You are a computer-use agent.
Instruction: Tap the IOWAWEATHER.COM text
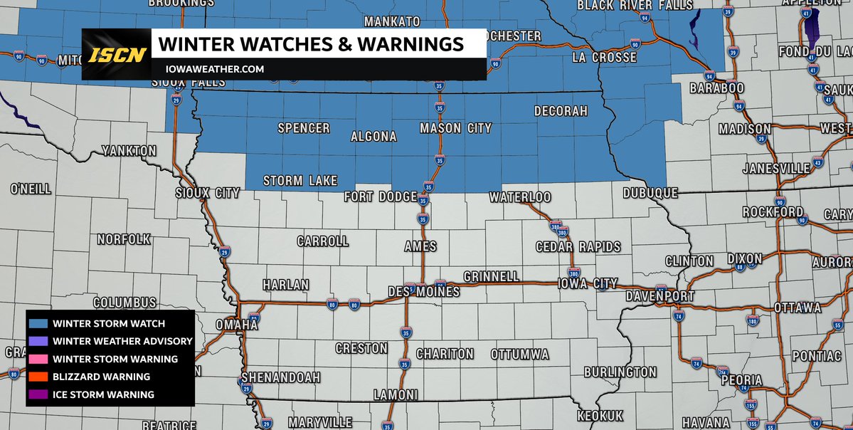click(211, 69)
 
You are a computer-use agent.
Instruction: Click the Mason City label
click(455, 129)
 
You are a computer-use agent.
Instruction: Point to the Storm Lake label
click(300, 181)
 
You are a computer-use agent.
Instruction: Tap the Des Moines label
click(423, 292)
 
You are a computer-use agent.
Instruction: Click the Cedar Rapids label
click(578, 247)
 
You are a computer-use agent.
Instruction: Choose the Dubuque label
click(650, 193)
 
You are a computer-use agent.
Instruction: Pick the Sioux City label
click(208, 193)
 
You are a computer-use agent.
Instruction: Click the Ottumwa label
click(519, 354)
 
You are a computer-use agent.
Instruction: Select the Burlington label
click(620, 372)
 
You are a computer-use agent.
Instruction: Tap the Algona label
click(373, 136)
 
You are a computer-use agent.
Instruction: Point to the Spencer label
click(304, 128)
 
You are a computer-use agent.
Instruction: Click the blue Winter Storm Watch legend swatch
click(38, 323)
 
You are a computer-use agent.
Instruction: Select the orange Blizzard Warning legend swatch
click(38, 377)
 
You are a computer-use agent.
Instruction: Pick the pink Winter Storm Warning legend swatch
click(38, 359)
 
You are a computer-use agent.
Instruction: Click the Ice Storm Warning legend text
click(103, 394)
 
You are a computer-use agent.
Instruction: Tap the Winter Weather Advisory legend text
click(122, 341)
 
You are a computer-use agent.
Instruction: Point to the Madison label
click(744, 129)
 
